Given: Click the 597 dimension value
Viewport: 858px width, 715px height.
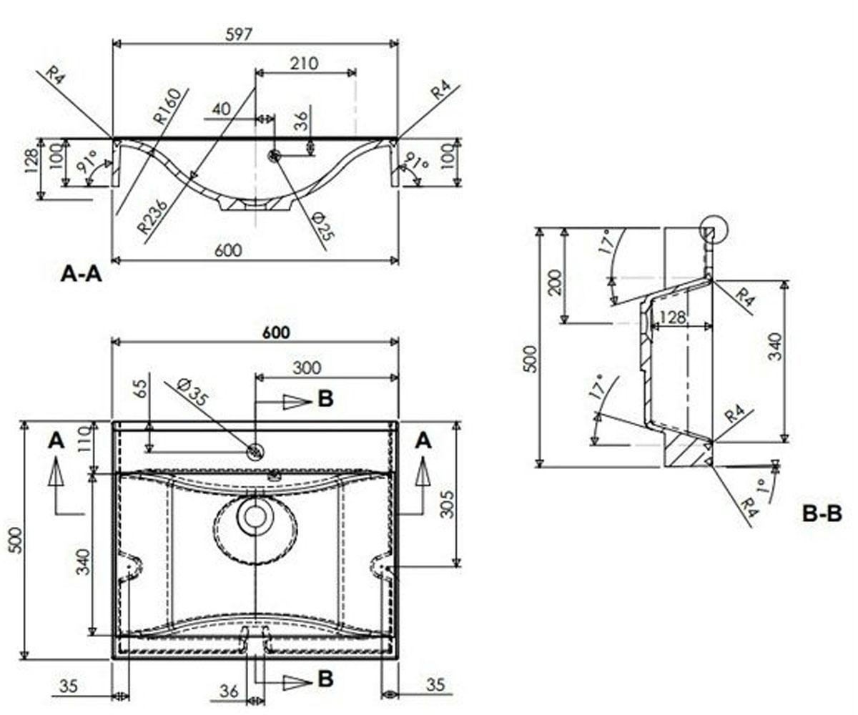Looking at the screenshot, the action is tap(239, 34).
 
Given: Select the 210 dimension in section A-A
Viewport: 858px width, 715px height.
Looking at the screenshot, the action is tap(304, 64).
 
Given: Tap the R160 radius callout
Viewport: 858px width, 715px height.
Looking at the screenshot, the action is tap(167, 106).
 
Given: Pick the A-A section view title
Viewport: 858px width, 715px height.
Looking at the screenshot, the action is tap(81, 274).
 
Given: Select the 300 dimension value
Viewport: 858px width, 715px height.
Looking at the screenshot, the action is tap(307, 368).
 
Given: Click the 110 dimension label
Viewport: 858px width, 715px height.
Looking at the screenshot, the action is tap(84, 439).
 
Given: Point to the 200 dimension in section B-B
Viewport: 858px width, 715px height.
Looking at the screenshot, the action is tap(555, 282).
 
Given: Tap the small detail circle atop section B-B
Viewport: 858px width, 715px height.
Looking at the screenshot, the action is tap(714, 230).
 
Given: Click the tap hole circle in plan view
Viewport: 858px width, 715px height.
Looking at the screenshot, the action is tap(255, 452).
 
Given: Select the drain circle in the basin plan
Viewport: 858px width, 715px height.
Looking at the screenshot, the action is tap(255, 516).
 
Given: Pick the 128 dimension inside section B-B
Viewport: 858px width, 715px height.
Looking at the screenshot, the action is tap(673, 317).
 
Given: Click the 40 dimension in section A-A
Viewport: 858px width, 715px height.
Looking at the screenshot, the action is tap(221, 109).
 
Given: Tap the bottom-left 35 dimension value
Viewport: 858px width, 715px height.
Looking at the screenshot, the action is tap(69, 686).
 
